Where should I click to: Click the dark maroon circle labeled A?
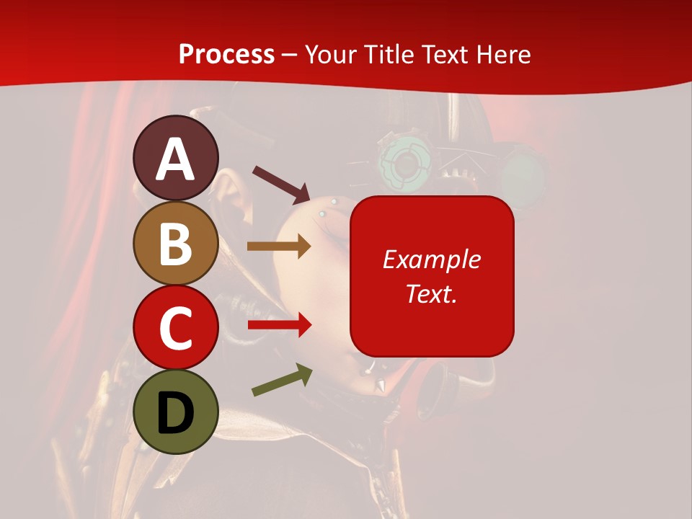176,159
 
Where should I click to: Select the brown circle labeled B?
176,243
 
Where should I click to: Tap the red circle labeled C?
176,327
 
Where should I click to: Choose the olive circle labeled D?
176,412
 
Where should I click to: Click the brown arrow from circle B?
278,247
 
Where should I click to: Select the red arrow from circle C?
278,325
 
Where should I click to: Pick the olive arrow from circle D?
282,380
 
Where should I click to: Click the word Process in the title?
226,54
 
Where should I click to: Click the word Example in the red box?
432,259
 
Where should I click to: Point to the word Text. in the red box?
432,293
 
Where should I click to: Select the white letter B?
176,244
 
